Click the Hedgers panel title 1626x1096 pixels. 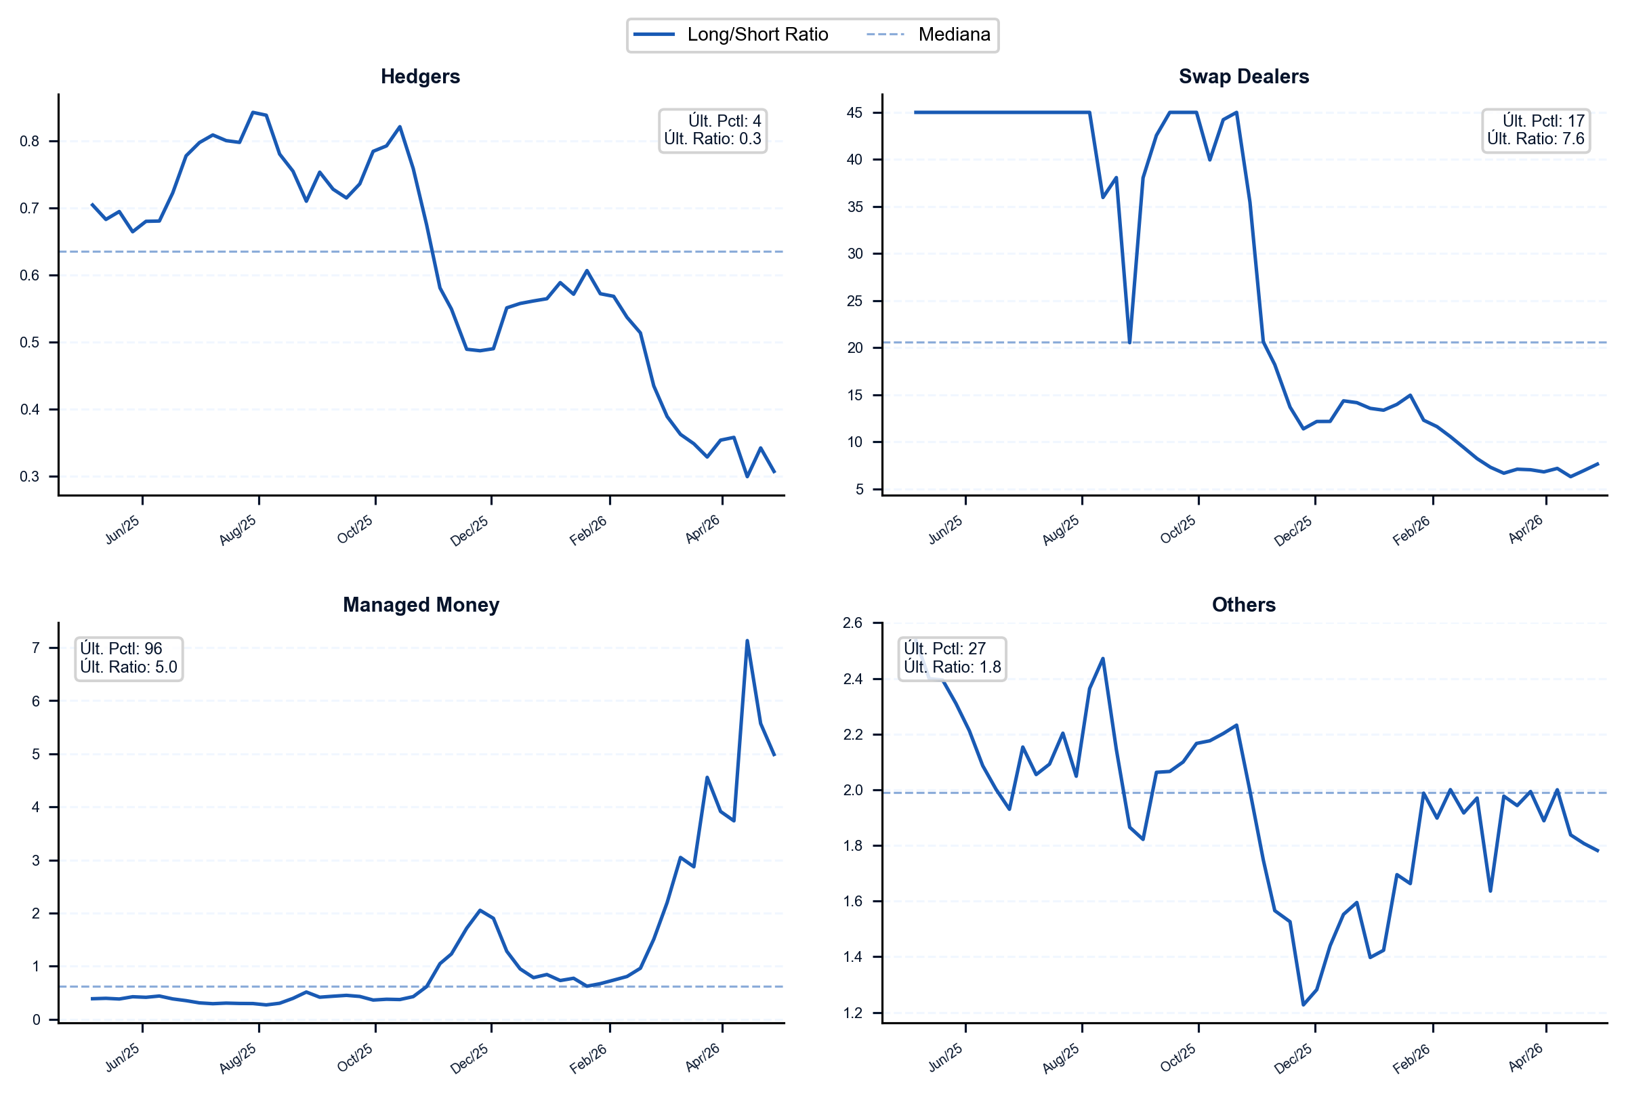420,76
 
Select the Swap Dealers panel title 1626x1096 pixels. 1244,76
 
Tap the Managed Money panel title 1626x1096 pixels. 421,605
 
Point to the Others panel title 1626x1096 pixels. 1244,605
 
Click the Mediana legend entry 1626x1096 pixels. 928,35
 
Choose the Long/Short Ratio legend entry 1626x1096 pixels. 730,35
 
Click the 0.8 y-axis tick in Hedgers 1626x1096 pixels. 29,141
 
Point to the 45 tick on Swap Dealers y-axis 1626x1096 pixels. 854,112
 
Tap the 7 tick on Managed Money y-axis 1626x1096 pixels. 36,648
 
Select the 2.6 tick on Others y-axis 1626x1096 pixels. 853,623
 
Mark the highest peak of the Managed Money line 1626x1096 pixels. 747,640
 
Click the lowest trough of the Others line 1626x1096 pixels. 1303,1005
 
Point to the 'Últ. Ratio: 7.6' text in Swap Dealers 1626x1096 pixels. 1535,139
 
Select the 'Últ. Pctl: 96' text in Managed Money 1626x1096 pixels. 121,649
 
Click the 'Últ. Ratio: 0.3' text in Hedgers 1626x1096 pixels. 712,139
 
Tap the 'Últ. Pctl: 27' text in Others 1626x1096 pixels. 944,649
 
